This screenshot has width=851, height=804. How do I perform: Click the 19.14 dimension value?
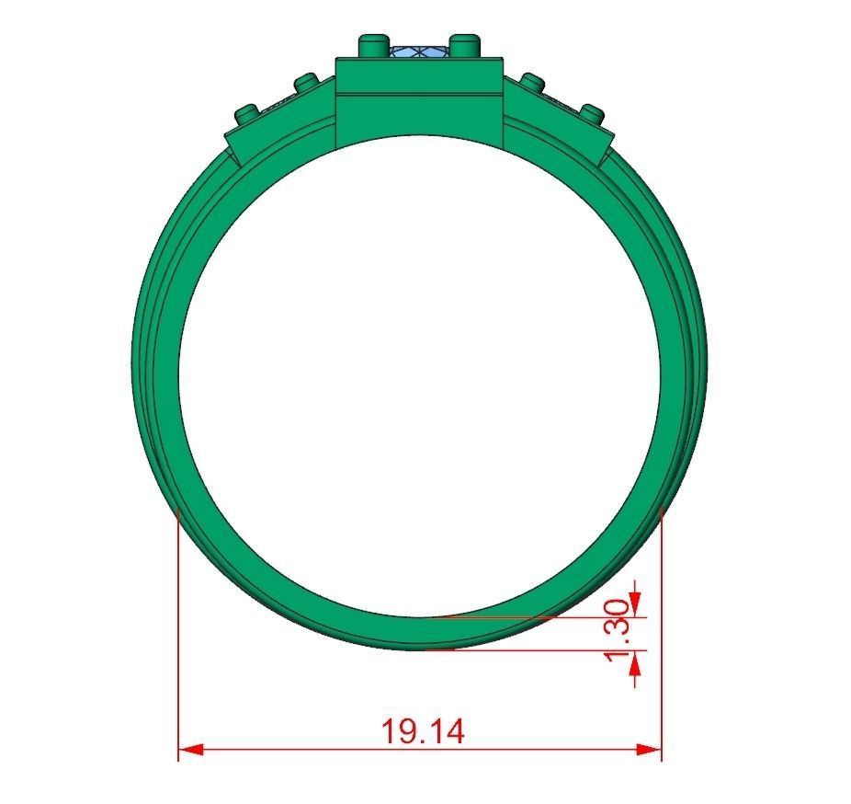click(x=424, y=732)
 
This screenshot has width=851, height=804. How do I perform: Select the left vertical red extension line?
click(x=177, y=635)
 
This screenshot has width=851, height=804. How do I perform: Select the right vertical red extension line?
click(x=662, y=635)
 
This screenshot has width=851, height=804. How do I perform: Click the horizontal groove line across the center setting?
click(x=420, y=93)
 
